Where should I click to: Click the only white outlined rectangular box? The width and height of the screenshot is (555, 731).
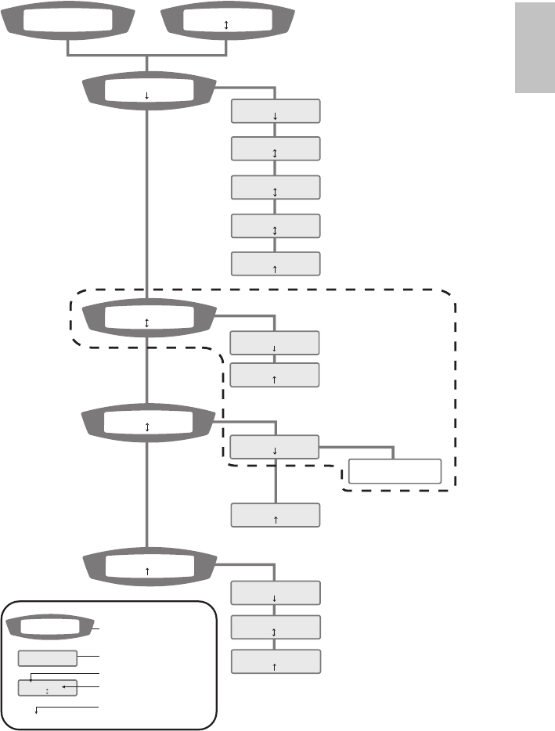point(395,471)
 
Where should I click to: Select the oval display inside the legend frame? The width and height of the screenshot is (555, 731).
point(49,626)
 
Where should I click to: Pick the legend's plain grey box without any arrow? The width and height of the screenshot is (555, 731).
point(48,658)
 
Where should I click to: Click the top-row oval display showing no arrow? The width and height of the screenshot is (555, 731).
point(69,22)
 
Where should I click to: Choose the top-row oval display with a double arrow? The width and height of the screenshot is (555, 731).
point(226,22)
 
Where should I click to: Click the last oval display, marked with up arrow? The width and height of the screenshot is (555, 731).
point(148,567)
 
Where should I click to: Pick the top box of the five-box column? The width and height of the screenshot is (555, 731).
point(276,111)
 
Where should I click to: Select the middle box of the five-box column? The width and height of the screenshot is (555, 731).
point(276,187)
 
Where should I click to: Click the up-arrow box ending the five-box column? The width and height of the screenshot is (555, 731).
point(276,264)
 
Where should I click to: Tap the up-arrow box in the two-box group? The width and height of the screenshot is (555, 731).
point(275,375)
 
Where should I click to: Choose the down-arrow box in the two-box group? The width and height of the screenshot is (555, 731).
point(275,343)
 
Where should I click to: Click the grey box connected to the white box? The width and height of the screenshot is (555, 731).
point(275,447)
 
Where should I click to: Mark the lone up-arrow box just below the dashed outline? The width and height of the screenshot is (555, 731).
point(276,515)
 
